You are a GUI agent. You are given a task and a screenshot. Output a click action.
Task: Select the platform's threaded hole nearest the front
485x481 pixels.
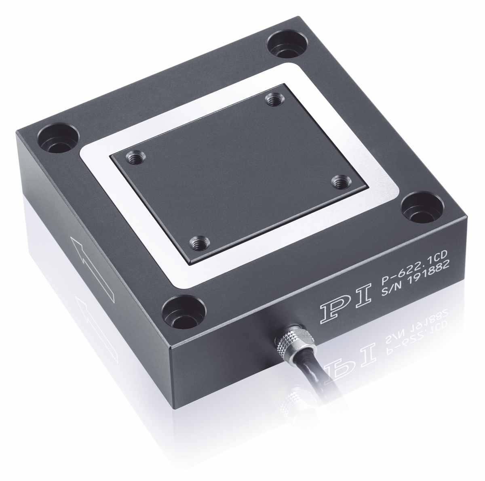(198, 243)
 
